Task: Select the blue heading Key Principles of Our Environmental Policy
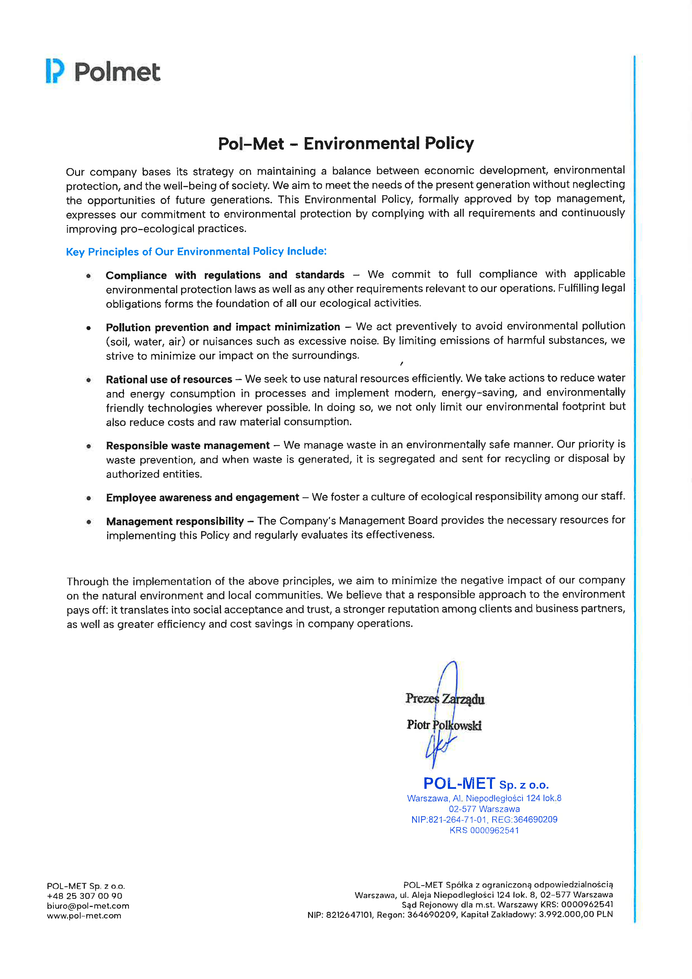[x=196, y=252]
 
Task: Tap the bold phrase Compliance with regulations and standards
[x=225, y=275]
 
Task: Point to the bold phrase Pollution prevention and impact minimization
[x=223, y=327]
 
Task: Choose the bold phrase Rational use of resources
[x=169, y=379]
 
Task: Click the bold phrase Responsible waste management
[x=188, y=446]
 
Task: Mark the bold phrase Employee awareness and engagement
[x=202, y=498]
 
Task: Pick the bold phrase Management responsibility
[x=175, y=522]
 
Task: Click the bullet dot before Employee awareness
[x=89, y=498]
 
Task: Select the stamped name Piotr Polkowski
[x=444, y=725]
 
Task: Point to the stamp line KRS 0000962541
[x=484, y=830]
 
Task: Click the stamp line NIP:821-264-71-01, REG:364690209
[x=484, y=820]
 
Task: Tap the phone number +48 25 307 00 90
[x=84, y=896]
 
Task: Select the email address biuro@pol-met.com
[x=88, y=906]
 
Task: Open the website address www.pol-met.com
[x=84, y=915]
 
